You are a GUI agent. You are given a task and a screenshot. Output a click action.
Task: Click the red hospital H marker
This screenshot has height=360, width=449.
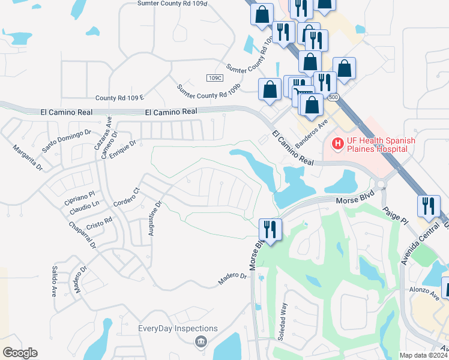(338, 144)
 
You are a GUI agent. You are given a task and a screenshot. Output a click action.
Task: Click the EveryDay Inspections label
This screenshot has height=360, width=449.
(178, 328)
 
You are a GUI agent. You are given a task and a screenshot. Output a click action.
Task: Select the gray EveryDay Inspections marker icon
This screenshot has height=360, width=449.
(200, 342)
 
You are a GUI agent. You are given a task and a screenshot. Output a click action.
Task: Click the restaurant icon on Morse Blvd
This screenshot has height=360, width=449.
(270, 230)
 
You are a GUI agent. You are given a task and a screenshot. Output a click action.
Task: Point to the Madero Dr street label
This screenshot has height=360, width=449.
(232, 276)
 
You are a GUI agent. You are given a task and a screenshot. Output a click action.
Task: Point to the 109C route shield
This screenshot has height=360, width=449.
(214, 78)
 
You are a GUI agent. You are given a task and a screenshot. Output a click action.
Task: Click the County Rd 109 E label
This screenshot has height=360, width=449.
(120, 98)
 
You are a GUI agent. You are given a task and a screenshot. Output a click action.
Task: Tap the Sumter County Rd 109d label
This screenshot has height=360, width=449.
(172, 4)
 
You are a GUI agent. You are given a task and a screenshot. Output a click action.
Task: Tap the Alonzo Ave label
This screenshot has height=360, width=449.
(424, 292)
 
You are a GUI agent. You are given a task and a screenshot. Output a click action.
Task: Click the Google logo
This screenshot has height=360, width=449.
(20, 353)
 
